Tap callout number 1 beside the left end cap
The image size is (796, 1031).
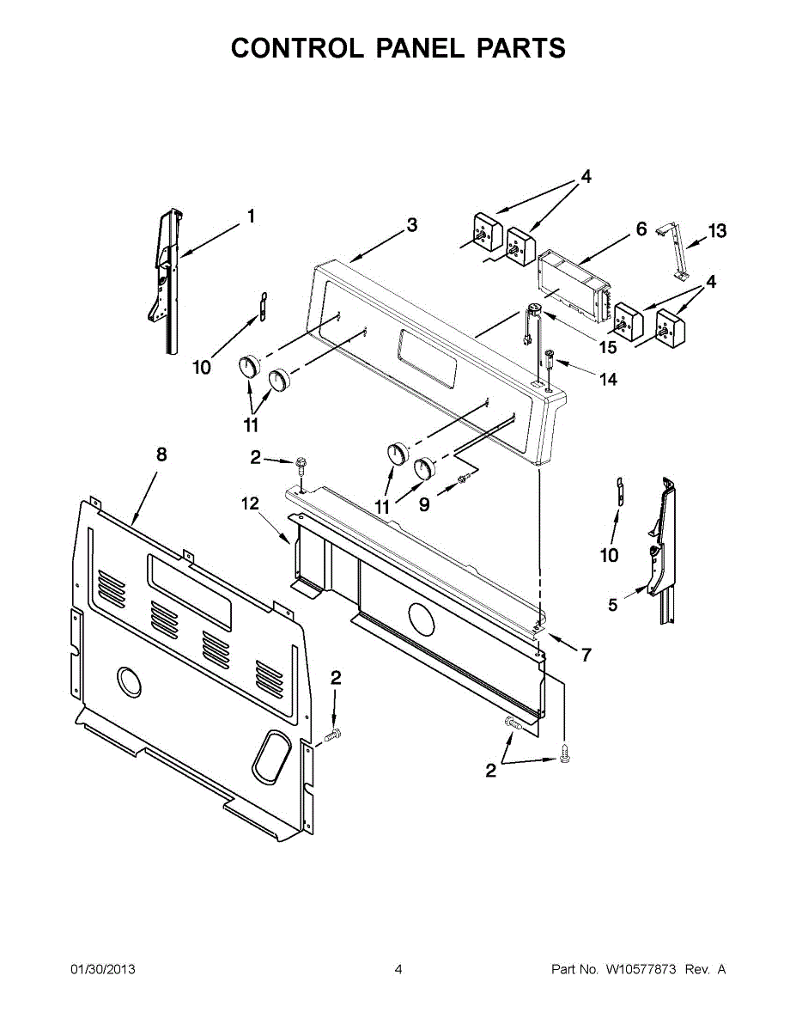251,217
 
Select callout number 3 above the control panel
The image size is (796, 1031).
412,225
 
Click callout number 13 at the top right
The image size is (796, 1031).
717,230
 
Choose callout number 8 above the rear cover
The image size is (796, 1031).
161,454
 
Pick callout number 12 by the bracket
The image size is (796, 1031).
249,504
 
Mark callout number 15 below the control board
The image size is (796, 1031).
608,347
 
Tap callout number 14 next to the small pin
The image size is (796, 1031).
608,379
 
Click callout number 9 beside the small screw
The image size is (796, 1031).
424,505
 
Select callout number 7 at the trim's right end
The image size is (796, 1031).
586,655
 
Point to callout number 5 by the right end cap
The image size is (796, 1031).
612,605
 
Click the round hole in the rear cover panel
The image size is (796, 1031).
129,682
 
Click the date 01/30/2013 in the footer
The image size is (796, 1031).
102,969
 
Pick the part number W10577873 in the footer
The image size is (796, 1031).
641,969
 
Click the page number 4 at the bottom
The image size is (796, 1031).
398,969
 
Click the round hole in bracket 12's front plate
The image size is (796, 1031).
420,618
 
